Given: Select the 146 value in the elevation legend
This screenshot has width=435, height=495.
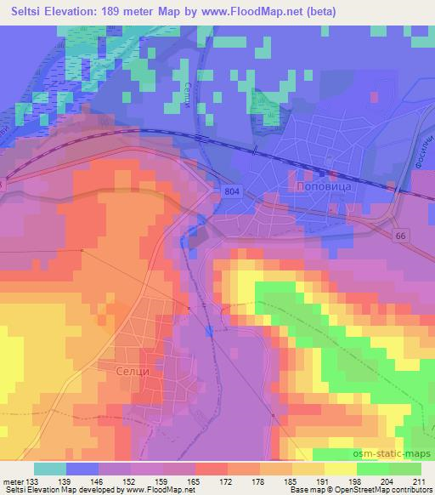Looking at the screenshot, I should tap(99, 481).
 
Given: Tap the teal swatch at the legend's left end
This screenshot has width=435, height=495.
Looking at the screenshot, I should tap(50, 469).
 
